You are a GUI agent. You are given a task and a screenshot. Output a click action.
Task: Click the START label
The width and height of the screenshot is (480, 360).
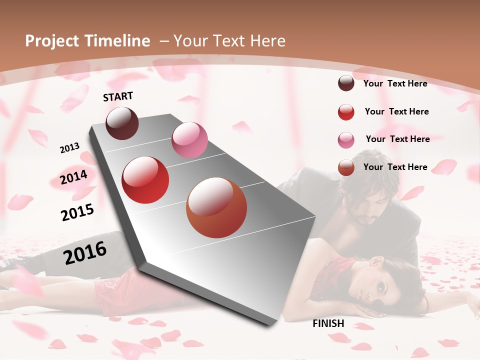[118, 96]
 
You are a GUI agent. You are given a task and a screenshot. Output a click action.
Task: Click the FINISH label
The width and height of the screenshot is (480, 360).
[328, 323]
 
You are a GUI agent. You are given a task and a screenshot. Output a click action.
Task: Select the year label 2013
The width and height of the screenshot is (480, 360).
[70, 148]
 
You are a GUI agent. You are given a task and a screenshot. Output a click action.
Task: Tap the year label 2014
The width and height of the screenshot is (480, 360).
[74, 177]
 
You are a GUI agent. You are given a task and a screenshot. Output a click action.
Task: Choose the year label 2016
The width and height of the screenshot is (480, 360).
[85, 253]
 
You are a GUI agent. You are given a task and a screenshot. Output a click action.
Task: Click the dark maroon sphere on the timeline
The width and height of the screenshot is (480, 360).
[122, 123]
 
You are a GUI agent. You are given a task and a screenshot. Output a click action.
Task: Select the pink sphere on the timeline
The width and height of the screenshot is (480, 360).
[189, 140]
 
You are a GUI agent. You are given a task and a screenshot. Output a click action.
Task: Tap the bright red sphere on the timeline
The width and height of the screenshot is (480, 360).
[145, 180]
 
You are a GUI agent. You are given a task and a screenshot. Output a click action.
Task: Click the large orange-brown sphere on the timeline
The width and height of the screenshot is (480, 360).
[216, 208]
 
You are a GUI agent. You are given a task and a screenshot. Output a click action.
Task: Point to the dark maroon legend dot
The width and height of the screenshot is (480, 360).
[346, 83]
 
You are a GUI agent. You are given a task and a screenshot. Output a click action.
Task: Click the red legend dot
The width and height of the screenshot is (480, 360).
[346, 112]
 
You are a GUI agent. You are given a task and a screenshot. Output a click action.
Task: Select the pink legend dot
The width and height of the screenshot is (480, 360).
[346, 140]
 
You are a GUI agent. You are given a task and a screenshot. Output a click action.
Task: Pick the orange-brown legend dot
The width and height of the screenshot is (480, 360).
[346, 167]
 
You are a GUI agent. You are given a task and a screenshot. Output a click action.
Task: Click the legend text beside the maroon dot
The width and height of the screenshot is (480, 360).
[395, 83]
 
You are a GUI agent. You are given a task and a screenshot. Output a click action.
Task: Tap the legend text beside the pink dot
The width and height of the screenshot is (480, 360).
[397, 139]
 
